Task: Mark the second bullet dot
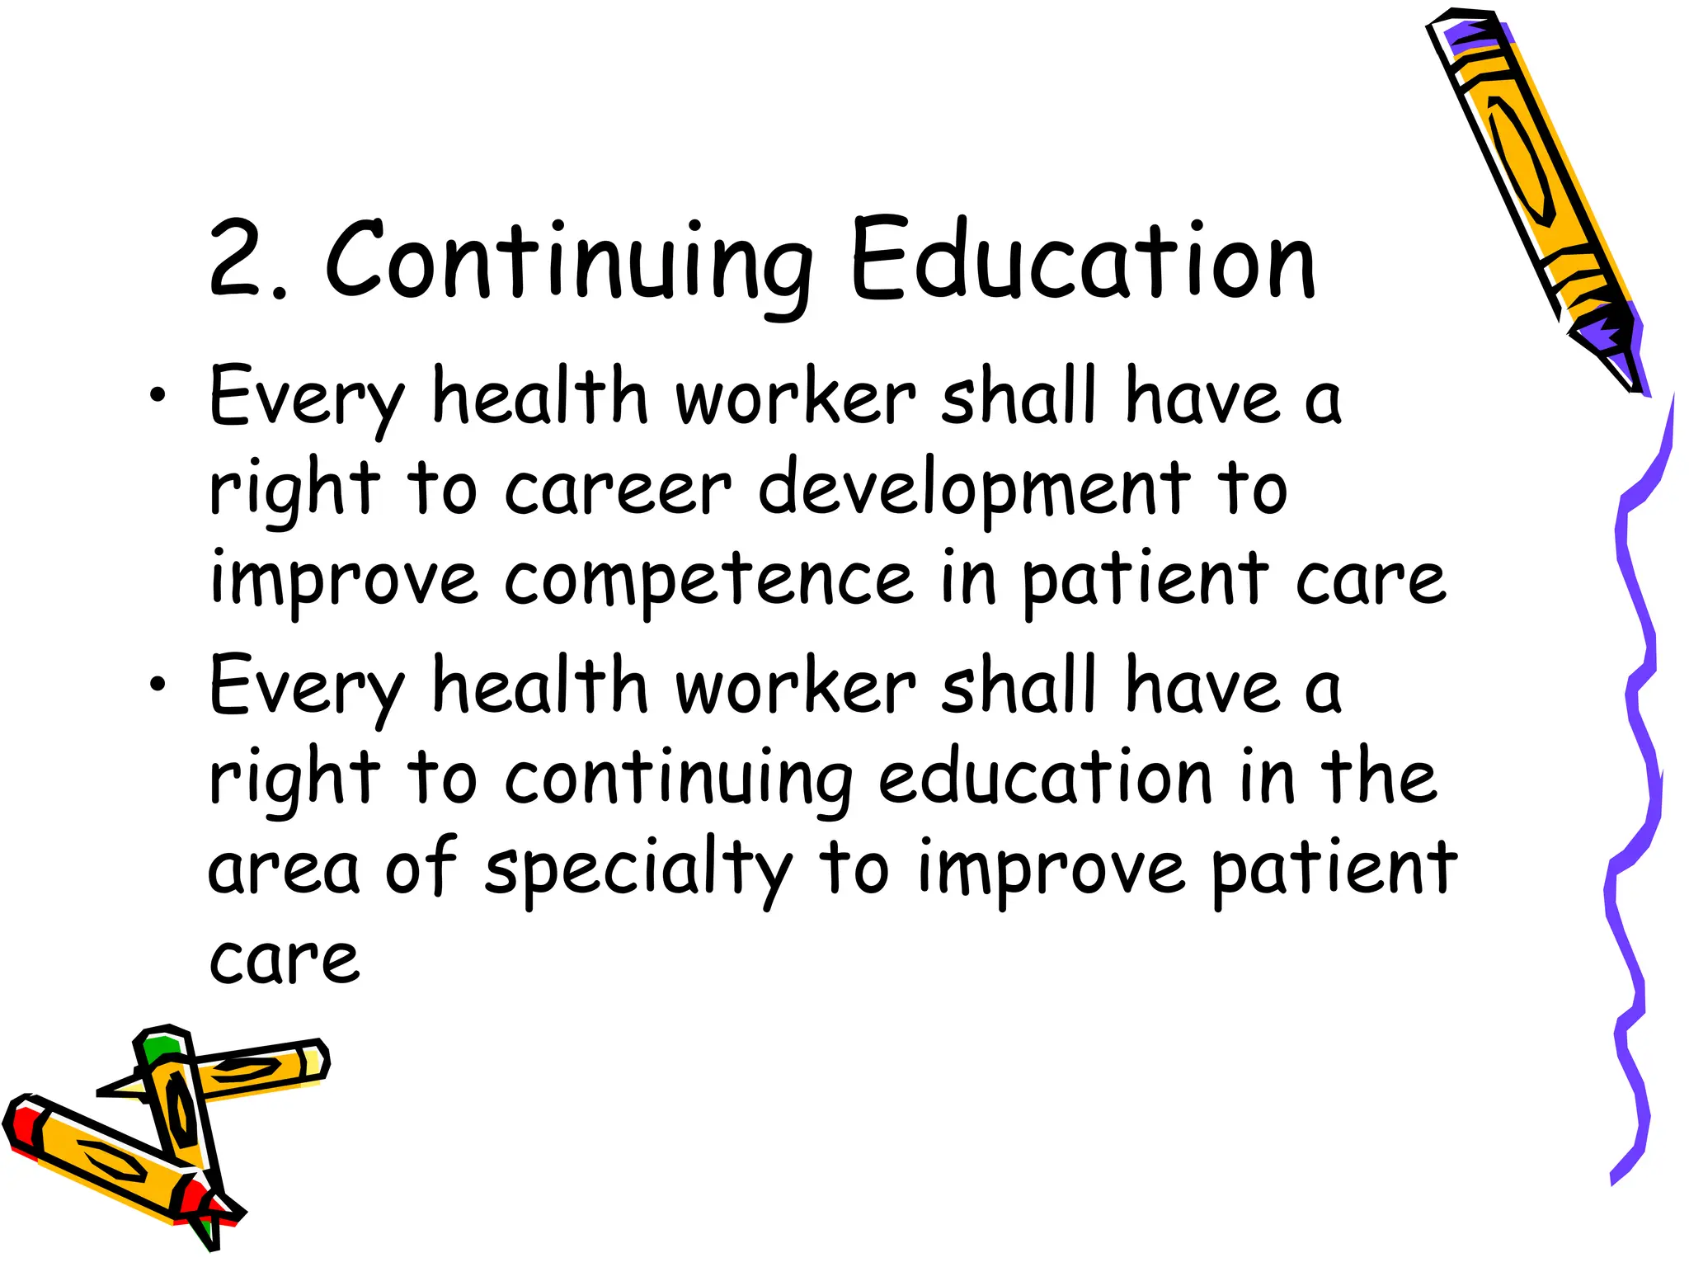[158, 685]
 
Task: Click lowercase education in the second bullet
[1046, 777]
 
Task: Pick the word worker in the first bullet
[795, 398]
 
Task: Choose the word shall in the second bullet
[1019, 685]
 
